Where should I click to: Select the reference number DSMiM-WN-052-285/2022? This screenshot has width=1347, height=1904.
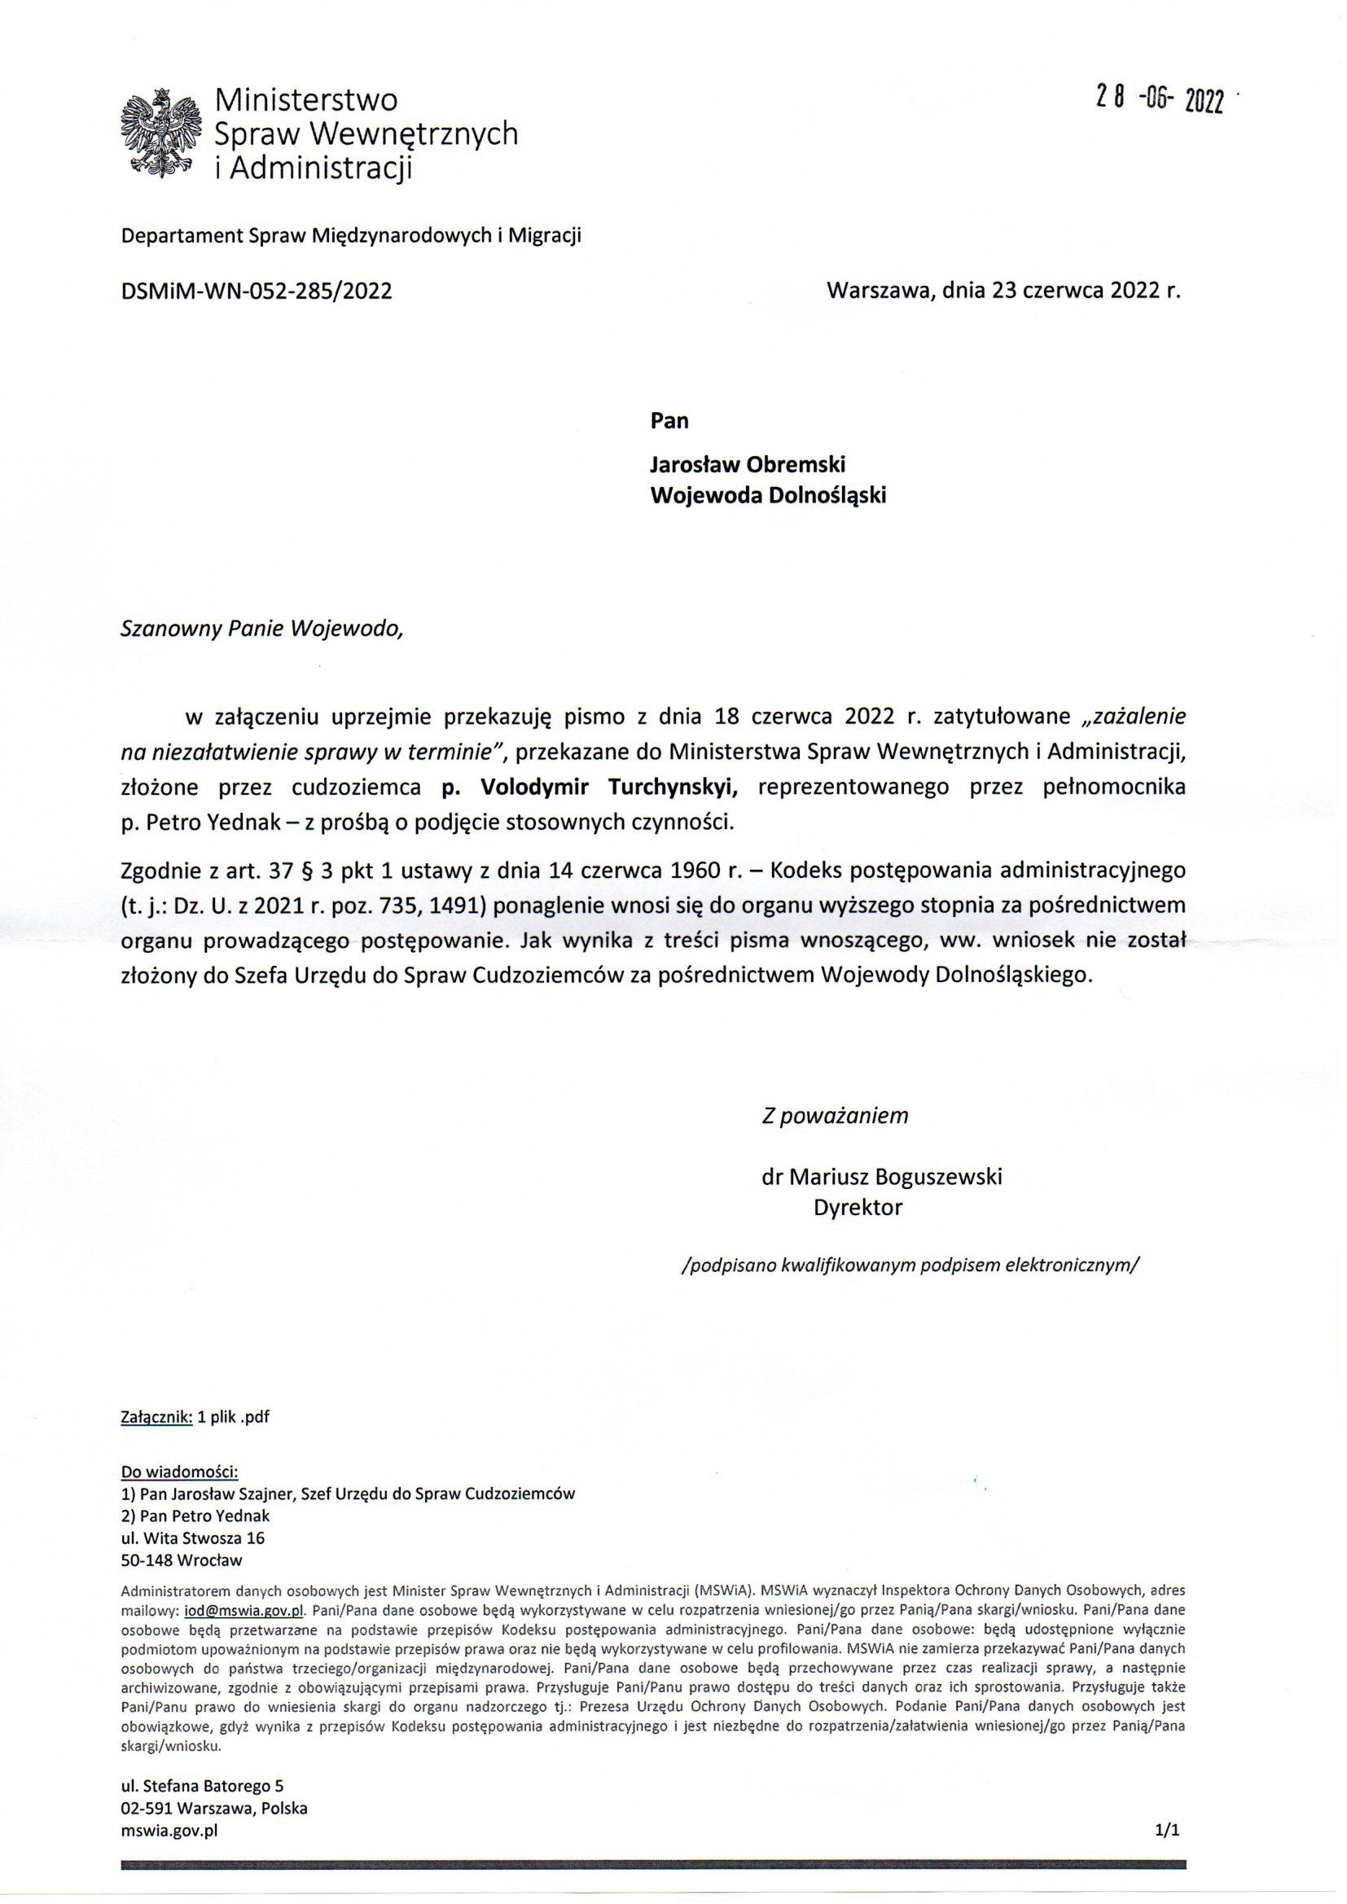click(257, 291)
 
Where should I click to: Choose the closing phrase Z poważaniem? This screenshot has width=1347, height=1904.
click(836, 1116)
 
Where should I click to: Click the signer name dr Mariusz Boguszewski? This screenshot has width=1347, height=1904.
click(882, 1177)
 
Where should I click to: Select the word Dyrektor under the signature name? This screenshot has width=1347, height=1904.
click(858, 1208)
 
